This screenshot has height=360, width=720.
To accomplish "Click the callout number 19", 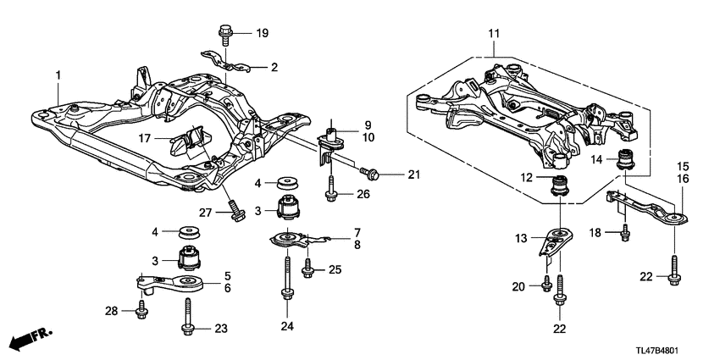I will coord(262,34).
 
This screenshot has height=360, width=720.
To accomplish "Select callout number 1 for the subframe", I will coord(58,76).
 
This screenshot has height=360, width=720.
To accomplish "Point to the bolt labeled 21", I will coord(370,174).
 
